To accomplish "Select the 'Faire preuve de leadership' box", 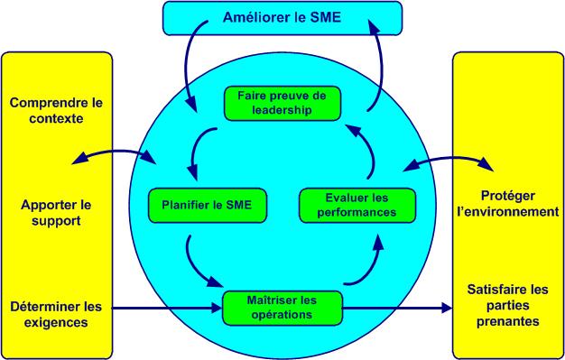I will (x=281, y=103).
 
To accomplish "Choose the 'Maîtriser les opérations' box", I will (x=282, y=306).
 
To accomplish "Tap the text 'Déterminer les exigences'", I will (x=55, y=312).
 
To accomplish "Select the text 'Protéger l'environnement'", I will (x=508, y=205).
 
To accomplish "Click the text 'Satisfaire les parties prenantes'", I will (x=507, y=305).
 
